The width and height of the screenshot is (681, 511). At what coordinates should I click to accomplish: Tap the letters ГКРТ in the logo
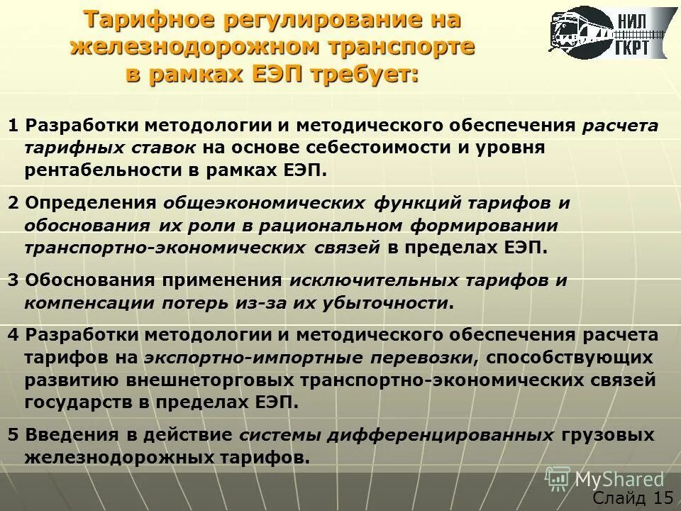[x=638, y=45]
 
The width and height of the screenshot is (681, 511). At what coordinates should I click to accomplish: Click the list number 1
[x=13, y=126]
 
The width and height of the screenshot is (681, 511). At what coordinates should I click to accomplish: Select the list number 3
[x=13, y=280]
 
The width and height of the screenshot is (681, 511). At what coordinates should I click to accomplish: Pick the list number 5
[x=13, y=434]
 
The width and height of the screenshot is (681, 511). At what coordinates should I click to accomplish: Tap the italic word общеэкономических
[x=265, y=203]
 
